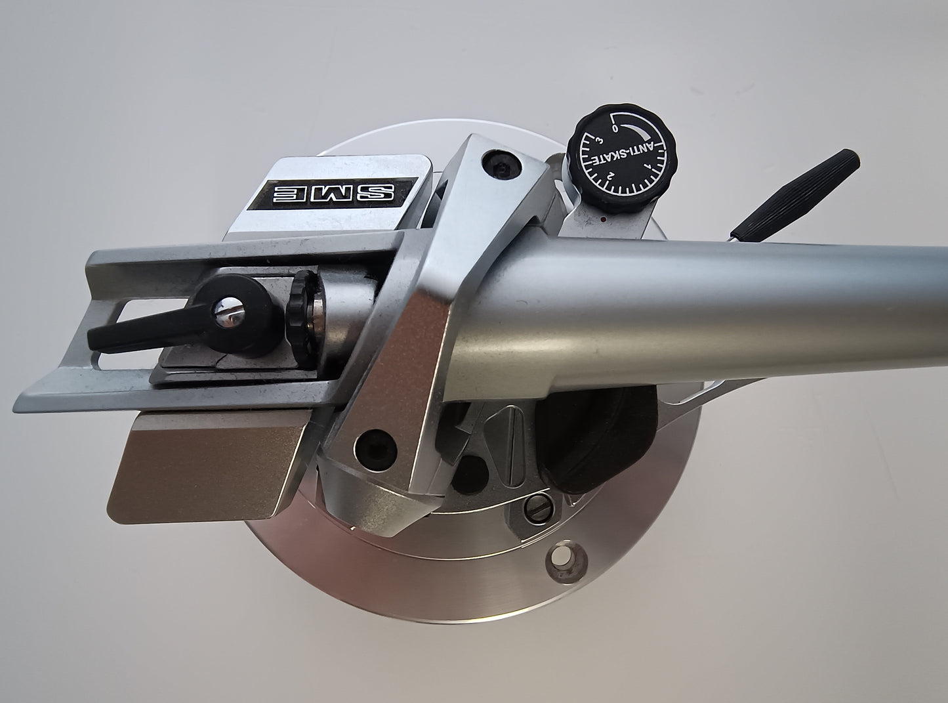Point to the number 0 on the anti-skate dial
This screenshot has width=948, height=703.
point(615,129)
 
